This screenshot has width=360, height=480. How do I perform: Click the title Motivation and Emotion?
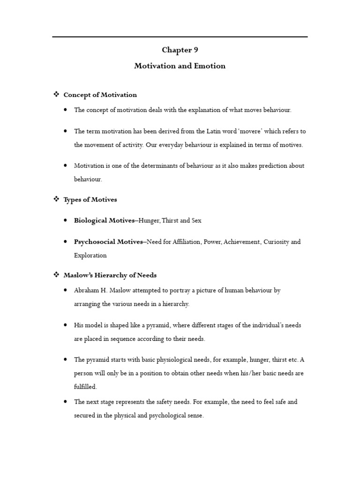click(x=180, y=66)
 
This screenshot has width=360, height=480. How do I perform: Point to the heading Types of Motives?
click(x=90, y=200)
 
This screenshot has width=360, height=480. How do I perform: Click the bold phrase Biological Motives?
click(x=104, y=221)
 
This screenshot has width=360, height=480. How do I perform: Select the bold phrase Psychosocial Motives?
click(x=108, y=242)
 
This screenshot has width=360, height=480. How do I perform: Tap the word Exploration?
click(x=90, y=255)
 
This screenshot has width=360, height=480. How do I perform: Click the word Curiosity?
click(x=277, y=242)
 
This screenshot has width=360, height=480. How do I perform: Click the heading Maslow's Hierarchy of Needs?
click(x=110, y=275)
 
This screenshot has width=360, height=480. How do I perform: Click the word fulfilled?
click(x=85, y=387)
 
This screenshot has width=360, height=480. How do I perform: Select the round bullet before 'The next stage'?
click(x=65, y=402)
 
